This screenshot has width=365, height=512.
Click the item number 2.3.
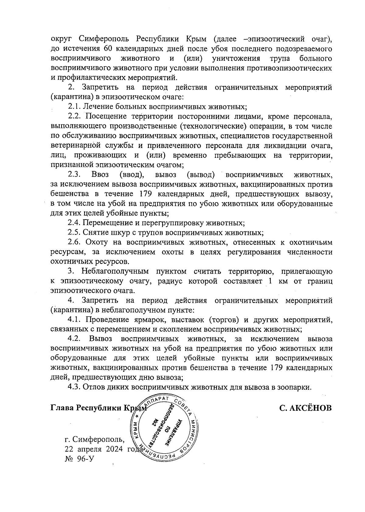pos(74,175)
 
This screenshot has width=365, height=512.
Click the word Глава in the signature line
pos(62,407)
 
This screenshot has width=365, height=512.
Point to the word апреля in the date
pos(90,449)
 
